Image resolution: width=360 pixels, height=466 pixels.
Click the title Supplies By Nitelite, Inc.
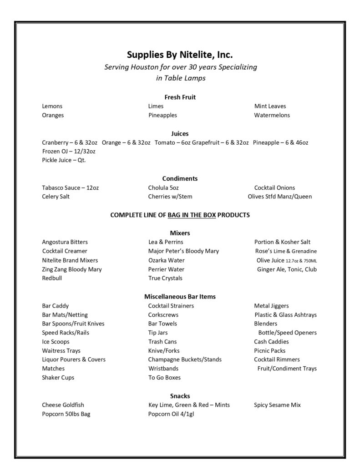click(x=180, y=55)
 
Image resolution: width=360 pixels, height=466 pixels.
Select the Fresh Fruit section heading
click(x=180, y=97)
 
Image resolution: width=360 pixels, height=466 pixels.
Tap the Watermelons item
click(x=272, y=115)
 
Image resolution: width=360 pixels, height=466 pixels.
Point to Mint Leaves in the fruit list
click(x=270, y=106)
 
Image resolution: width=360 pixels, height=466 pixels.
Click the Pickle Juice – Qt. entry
click(x=64, y=160)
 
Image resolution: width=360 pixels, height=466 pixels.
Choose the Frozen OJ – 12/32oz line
click(x=69, y=151)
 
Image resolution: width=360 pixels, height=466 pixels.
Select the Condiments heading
click(x=180, y=178)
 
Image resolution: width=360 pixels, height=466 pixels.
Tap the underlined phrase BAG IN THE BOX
click(x=192, y=215)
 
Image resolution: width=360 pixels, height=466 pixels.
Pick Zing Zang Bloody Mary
click(x=72, y=269)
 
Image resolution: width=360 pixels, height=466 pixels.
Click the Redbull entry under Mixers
click(x=52, y=278)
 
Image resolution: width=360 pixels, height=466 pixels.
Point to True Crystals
click(x=165, y=278)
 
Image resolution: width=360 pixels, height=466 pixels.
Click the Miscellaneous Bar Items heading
click(x=180, y=296)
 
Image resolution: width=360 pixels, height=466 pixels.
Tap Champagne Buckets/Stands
click(x=185, y=360)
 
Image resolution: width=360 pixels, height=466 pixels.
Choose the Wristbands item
click(x=163, y=369)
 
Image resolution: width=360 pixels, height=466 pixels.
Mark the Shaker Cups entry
click(x=58, y=378)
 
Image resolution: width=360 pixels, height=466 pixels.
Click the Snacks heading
click(x=180, y=396)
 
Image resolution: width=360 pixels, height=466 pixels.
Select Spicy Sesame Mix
click(x=277, y=405)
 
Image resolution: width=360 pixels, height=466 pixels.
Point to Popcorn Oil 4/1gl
click(x=171, y=414)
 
